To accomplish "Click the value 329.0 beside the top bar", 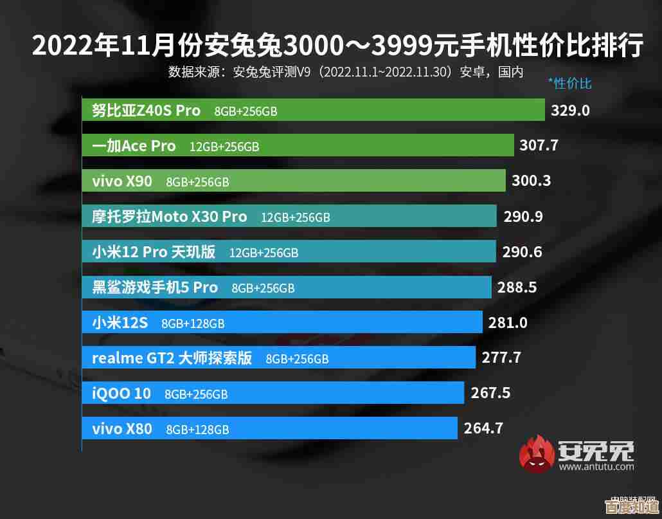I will point(570,110).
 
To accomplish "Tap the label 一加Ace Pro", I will point(134,146).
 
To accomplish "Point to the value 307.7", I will point(539,145).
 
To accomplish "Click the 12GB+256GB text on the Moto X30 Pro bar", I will point(295,217).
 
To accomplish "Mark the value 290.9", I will point(523,217).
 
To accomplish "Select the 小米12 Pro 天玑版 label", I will point(154,252).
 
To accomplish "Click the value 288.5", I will point(517,287).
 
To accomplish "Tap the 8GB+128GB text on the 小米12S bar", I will point(193,323).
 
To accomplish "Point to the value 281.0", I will point(508,323).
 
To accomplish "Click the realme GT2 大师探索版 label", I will point(172,358).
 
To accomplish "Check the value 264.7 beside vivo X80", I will point(483,428).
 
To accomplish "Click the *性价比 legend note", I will point(569,83).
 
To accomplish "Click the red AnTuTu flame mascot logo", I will point(536,454).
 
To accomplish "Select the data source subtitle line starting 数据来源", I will point(346,71).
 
